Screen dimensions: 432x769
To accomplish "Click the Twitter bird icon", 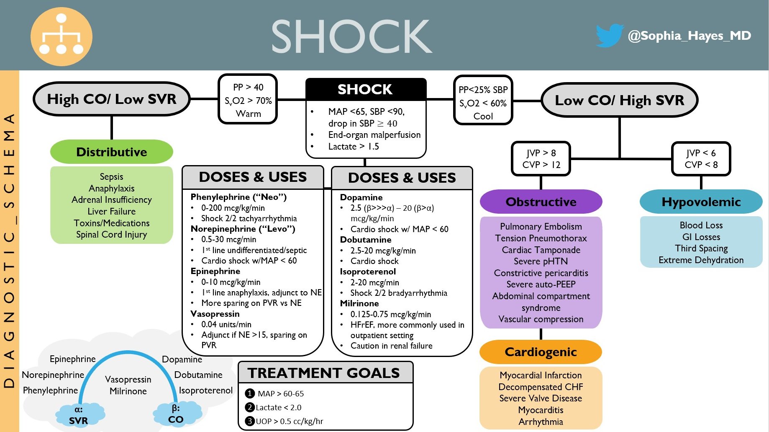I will point(610,36).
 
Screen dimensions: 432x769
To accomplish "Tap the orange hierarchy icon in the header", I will point(61,36).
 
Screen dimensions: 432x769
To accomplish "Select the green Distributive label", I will point(111,152).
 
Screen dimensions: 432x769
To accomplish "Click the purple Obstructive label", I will point(541,202).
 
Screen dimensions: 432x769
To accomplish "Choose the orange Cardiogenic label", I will point(541,352).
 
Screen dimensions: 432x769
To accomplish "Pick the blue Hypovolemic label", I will point(701,202).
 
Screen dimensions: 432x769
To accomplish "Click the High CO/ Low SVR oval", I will point(111,99).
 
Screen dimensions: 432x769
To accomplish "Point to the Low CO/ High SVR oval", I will point(619,101).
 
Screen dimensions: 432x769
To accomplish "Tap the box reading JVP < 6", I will point(701,159).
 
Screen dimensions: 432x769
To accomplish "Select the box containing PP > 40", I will point(248,100).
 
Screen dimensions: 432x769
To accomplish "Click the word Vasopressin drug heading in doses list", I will point(215,314).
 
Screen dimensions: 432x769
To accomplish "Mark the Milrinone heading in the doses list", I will point(359,303).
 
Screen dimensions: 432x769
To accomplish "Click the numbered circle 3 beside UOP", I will point(250,421).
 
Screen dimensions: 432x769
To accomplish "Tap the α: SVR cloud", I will point(79,415).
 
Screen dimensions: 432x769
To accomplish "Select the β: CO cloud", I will point(176,414).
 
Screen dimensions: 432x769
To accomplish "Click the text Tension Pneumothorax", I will point(541,238).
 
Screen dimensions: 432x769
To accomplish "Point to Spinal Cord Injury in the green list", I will point(111,235).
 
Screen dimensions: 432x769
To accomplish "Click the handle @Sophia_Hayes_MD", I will point(689,36).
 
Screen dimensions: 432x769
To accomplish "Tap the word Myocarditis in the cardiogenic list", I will point(541,410).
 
